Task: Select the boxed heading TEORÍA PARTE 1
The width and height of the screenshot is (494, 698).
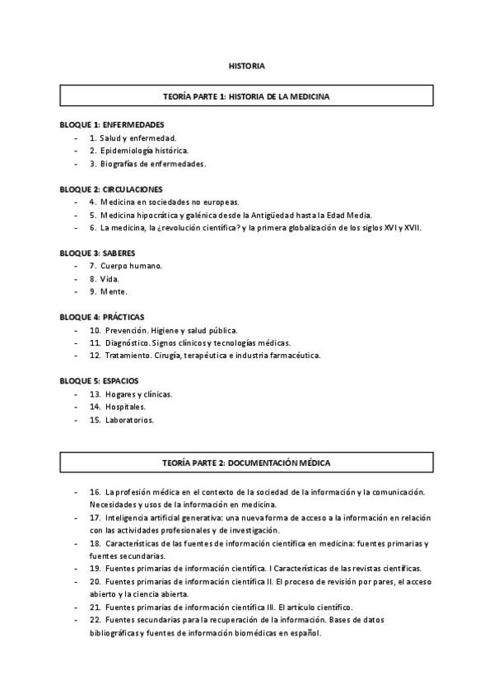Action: pos(246,96)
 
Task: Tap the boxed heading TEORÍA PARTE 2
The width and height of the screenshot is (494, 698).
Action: pos(246,463)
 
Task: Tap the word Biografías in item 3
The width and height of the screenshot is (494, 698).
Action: pos(119,164)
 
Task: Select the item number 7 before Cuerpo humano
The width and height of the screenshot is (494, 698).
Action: pos(93,266)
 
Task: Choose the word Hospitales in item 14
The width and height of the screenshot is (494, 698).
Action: pos(125,407)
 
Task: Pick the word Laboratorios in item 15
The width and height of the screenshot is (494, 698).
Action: pos(129,420)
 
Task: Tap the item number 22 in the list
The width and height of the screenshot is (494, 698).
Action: pos(95,621)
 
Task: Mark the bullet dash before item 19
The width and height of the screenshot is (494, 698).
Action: pos(76,569)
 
